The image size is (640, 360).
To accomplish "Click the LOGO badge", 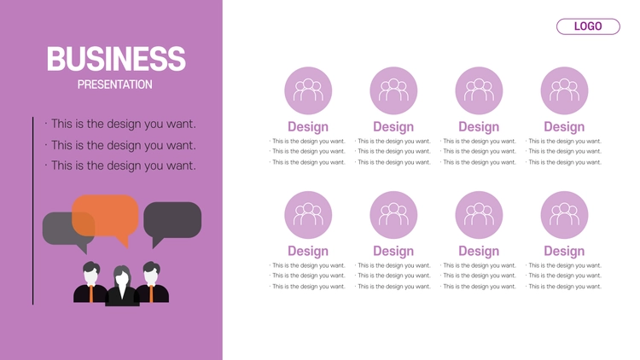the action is click(588, 26).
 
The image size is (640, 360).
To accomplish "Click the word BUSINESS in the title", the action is click(116, 59).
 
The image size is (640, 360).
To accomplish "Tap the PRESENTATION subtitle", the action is click(114, 84).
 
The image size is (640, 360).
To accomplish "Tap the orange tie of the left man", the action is click(90, 293).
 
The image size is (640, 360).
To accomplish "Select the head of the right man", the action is click(151, 273).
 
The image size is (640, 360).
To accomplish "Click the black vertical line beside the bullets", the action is click(32, 211).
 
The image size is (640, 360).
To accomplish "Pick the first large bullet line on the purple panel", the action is click(120, 124).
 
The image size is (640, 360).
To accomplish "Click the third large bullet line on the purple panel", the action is click(120, 165).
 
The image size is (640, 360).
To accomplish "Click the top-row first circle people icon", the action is click(308, 90).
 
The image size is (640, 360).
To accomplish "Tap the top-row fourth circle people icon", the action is click(565, 90).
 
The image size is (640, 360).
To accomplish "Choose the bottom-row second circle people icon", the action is click(393, 215).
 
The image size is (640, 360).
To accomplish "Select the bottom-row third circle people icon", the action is click(479, 215).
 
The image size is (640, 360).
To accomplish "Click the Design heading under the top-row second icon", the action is click(393, 127).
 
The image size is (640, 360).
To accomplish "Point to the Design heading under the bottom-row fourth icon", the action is click(564, 251).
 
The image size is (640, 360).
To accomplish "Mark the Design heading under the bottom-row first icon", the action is click(308, 251).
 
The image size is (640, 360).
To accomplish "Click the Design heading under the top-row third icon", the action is click(479, 127).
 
